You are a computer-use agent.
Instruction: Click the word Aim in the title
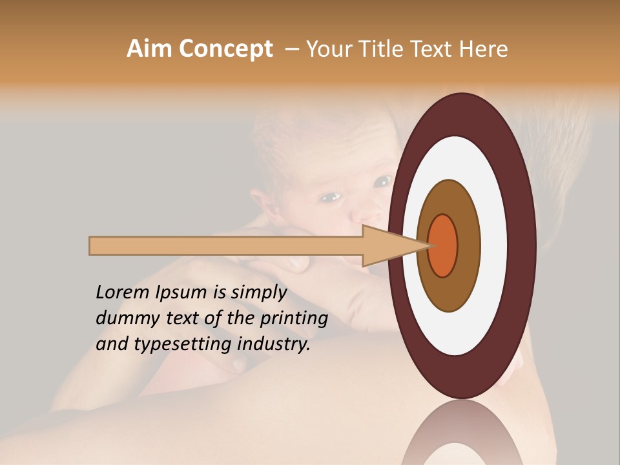tap(150, 50)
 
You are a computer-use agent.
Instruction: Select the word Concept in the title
tap(225, 50)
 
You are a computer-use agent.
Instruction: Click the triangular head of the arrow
tap(387, 245)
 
